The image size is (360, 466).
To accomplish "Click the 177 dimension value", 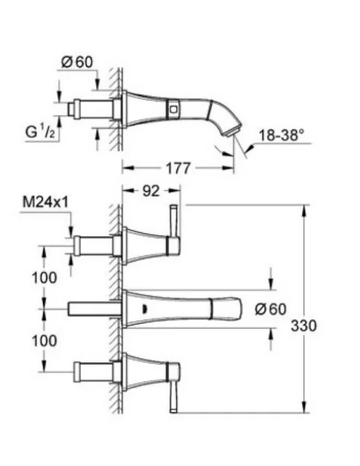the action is pos(178,168).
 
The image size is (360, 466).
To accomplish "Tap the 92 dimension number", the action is pos(151,191).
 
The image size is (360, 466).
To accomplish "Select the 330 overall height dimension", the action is pos(304,325).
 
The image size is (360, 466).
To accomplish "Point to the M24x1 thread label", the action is pos(45,203).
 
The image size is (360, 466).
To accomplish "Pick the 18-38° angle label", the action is pos(281,136).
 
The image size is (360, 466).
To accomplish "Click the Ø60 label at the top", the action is pos(77,62).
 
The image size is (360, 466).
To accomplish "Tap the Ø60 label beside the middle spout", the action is pos(270,309).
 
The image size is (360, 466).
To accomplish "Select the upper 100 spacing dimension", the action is pos(44,278).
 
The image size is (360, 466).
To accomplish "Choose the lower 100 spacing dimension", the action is pos(44,341).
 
